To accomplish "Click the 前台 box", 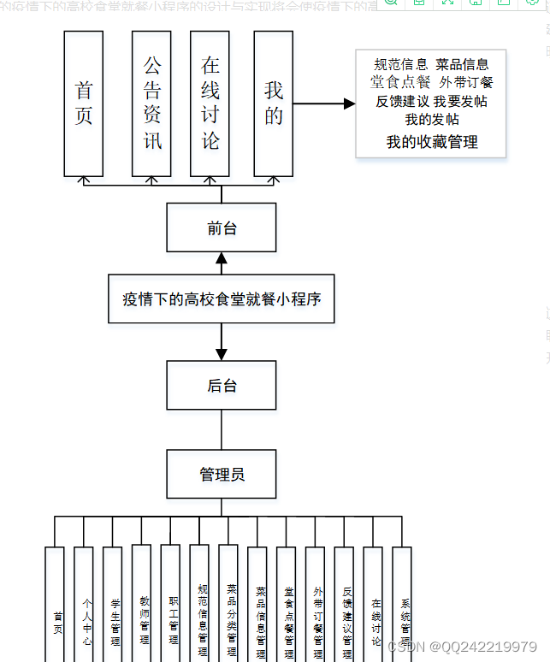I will [x=222, y=228].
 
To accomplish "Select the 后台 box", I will [x=222, y=385].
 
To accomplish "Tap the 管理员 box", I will [x=222, y=473].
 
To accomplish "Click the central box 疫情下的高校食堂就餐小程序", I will [x=222, y=299].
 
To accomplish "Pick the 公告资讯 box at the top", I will [x=151, y=103].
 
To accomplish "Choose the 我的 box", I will [x=274, y=103].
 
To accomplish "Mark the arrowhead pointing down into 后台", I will [x=222, y=352].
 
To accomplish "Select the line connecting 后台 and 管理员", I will [x=222, y=429].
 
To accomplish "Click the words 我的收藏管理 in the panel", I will [x=432, y=142].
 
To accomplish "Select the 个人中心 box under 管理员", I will [x=84, y=604].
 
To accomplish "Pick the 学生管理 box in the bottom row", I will [x=113, y=604].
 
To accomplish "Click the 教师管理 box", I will [x=142, y=604].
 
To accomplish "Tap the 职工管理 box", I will [x=171, y=604].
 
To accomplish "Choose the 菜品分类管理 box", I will [x=228, y=604].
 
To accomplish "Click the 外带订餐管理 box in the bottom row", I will [x=316, y=604].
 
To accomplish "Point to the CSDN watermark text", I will [x=462, y=647].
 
